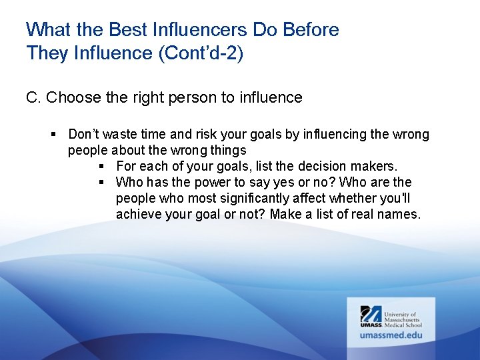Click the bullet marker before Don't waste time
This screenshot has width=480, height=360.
54,135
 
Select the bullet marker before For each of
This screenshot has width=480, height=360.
102,167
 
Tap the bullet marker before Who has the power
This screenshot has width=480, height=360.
102,183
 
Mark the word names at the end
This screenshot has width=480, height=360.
402,215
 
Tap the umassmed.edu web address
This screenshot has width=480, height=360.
391,335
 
